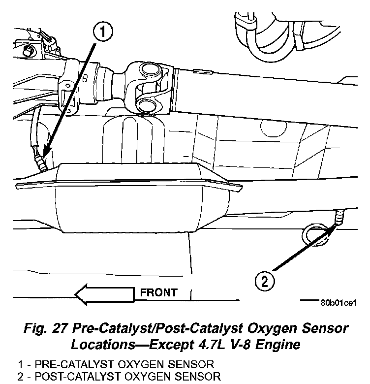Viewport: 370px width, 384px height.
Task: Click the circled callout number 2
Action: point(264,282)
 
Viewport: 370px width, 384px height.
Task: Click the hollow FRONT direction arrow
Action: point(103,294)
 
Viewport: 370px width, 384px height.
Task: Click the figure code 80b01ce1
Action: point(338,302)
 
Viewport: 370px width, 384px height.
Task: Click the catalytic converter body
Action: point(143,202)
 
